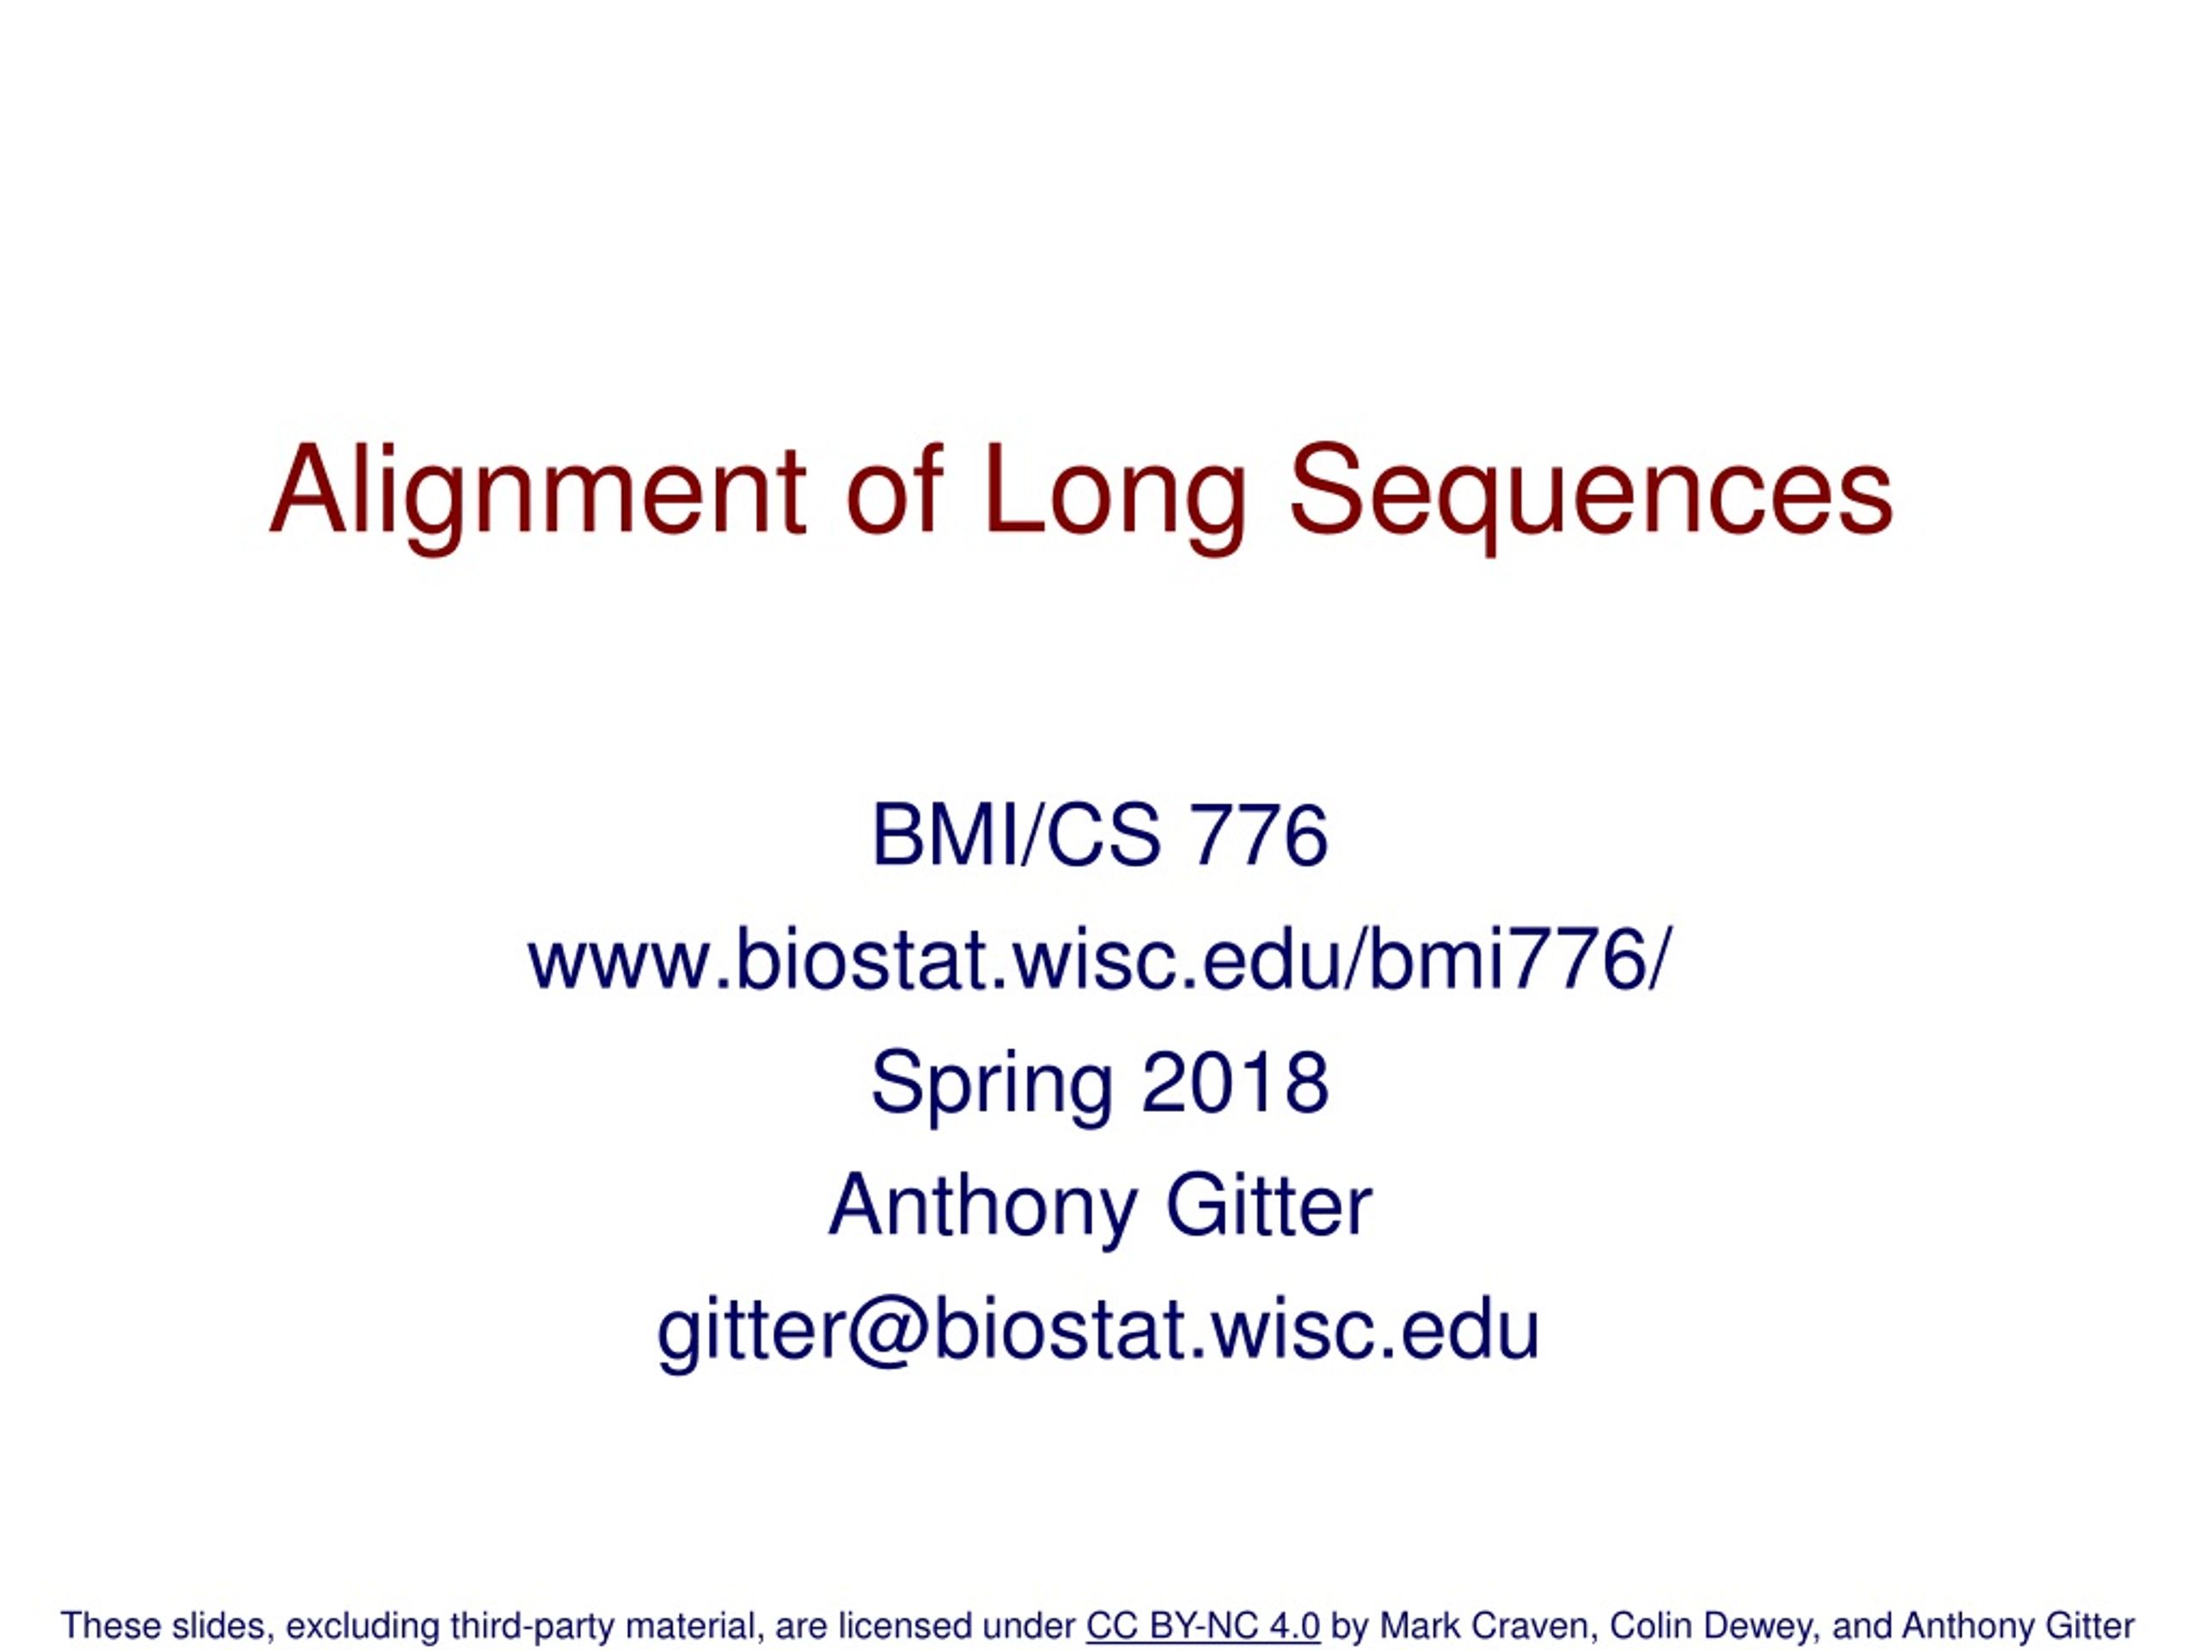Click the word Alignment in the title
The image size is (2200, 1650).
coord(537,492)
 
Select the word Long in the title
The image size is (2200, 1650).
coord(1114,492)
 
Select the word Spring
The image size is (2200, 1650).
coord(992,1084)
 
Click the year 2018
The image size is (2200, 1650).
coord(1234,1082)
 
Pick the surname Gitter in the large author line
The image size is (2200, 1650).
coord(1268,1206)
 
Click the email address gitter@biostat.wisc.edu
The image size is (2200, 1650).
coord(1099,1330)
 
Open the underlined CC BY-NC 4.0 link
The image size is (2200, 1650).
coord(1202,1626)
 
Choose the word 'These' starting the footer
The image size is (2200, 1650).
coord(110,1626)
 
